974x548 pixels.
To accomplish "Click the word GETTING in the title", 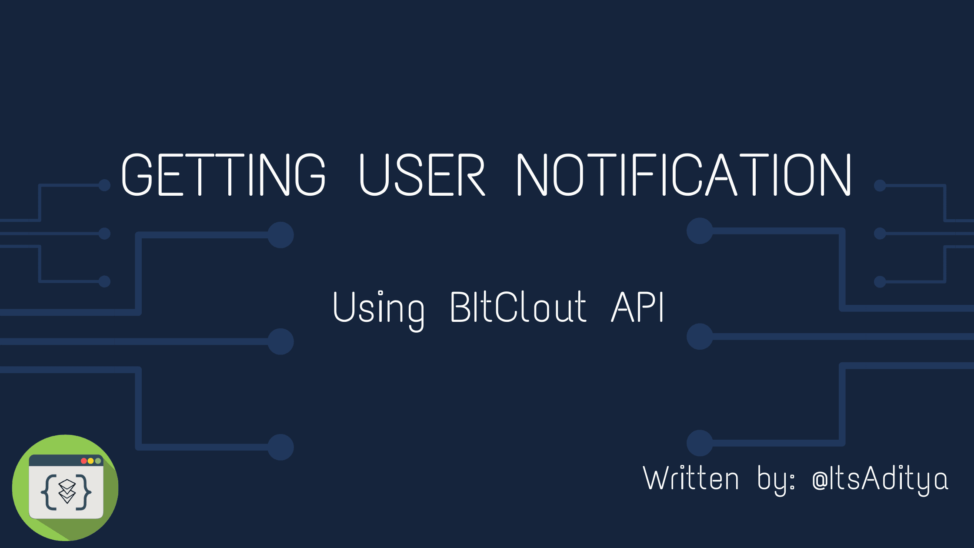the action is [x=223, y=174].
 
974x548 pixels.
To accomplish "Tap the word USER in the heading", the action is [x=422, y=174].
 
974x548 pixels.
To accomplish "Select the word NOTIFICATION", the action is [x=684, y=174].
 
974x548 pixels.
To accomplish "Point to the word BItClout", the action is [x=518, y=307].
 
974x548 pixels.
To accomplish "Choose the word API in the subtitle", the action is [x=637, y=307].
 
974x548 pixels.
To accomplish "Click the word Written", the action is [x=690, y=478].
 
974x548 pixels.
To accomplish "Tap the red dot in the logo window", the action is [x=83, y=461].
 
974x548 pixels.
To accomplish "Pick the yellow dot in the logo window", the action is [x=90, y=461].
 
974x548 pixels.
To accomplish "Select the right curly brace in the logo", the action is [x=84, y=492].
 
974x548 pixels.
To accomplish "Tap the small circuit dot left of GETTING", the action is [x=104, y=185].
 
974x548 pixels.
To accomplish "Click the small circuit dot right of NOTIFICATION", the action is [x=880, y=186].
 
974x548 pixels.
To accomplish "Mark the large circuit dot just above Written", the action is [x=700, y=443].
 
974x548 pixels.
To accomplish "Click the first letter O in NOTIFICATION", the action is [x=568, y=174].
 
